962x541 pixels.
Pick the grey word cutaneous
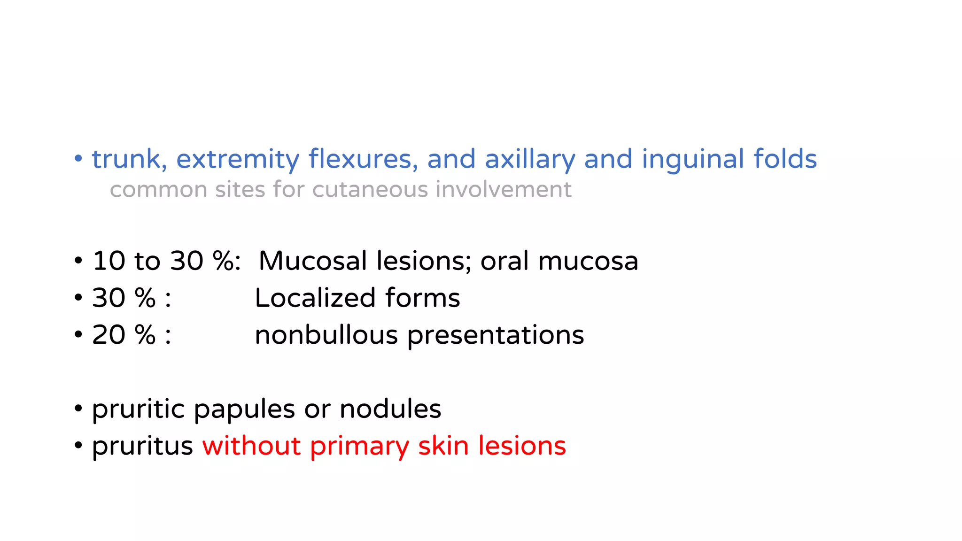[x=370, y=190]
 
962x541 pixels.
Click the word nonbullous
[x=326, y=335]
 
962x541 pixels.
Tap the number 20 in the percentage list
[x=109, y=335]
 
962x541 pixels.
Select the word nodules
[x=390, y=409]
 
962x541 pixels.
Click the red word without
[x=251, y=446]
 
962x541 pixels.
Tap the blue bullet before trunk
[x=78, y=159]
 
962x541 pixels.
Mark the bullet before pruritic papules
[x=78, y=409]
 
